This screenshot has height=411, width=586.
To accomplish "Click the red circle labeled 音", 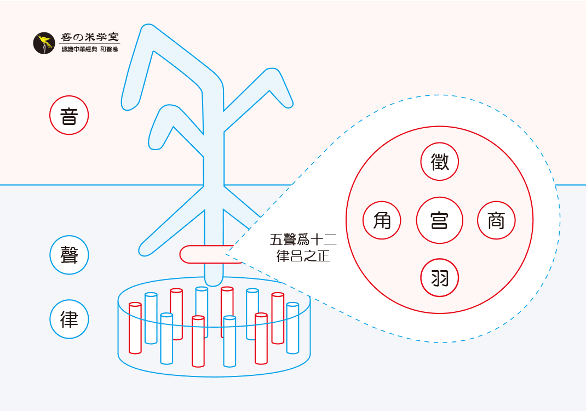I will point(68,116).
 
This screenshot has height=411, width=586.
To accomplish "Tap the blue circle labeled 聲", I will point(68,255).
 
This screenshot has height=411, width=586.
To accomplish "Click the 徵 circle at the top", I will point(440,162).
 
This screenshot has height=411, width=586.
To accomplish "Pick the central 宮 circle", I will point(440,221).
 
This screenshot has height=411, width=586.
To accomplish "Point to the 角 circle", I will point(382,221).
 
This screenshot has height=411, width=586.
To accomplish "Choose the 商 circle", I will point(497,221).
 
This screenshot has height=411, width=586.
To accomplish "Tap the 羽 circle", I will point(440,278).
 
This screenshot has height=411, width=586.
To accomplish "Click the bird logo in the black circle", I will point(44,43).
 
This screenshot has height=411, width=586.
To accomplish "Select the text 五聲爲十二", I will point(303,240).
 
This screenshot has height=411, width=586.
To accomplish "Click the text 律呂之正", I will point(303,256).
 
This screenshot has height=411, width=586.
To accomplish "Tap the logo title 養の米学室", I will point(90,38).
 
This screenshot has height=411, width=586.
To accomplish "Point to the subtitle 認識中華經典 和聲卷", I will point(90,49).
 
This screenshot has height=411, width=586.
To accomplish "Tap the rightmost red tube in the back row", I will point(278,318).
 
